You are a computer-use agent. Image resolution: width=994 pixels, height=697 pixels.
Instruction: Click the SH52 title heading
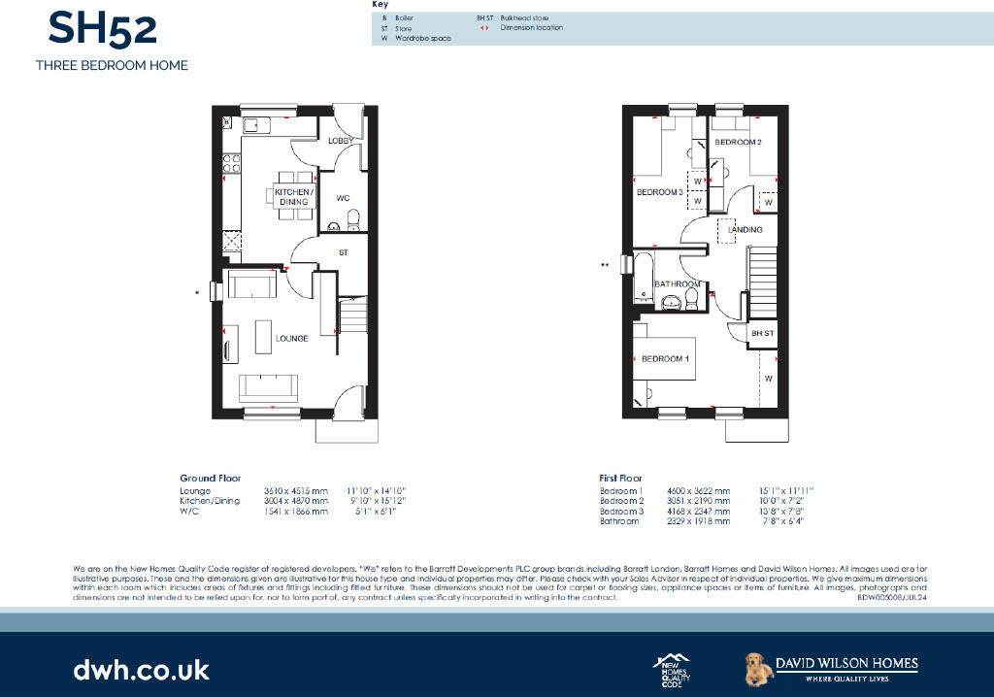point(102,28)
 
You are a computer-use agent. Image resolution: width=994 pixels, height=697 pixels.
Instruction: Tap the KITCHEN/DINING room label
point(292,197)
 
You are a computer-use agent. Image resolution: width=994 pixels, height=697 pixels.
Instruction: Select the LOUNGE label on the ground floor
point(291,339)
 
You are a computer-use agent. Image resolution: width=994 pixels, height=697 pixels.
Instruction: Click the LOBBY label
point(340,142)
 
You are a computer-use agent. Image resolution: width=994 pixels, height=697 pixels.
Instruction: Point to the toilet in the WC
point(352,217)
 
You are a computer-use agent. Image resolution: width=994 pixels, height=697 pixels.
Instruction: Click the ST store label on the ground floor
point(343,252)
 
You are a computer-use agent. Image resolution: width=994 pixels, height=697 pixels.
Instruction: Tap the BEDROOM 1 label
point(666,359)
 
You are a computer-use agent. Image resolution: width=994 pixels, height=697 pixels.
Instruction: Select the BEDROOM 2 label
point(738,143)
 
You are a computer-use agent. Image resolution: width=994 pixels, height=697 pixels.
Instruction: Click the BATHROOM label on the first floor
point(678,284)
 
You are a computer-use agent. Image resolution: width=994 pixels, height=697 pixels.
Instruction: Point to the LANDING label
point(745,230)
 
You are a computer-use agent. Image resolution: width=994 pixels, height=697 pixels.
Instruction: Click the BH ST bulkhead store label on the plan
point(763,334)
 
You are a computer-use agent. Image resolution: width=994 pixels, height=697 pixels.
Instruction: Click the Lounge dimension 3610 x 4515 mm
point(296,492)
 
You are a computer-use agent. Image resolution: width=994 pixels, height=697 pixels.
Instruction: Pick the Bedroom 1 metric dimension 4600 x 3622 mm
point(691,492)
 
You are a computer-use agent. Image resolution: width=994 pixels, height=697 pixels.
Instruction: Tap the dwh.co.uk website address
point(141,669)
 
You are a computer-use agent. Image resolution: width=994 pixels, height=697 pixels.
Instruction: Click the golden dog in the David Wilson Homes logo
point(757,667)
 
